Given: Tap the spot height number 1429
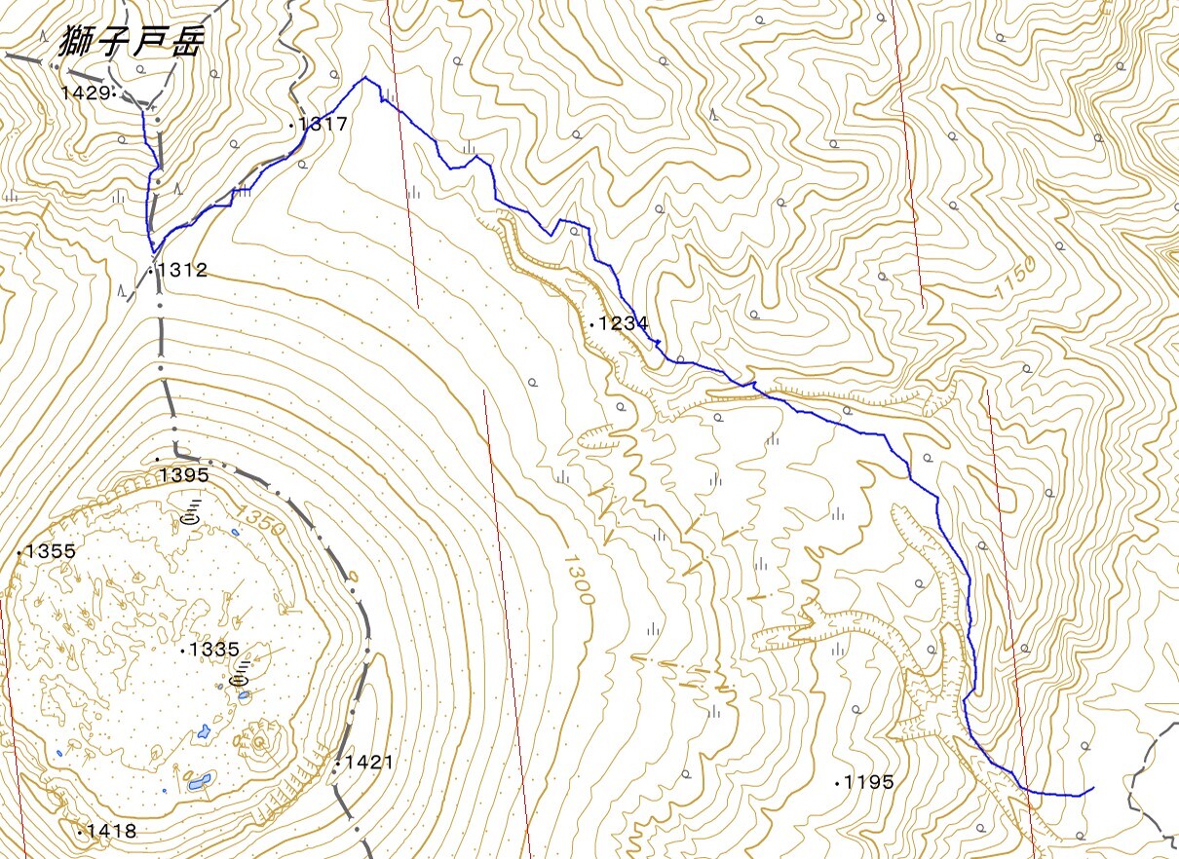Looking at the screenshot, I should (85, 93).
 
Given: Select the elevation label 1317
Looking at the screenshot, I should (323, 124).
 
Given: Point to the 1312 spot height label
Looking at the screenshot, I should (183, 270).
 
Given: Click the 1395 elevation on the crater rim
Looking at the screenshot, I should (185, 474).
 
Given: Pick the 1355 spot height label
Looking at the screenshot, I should (51, 551).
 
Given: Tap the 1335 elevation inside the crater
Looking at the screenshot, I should (213, 649).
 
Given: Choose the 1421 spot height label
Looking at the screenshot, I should (367, 762).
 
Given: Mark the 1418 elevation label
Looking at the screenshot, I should (111, 831).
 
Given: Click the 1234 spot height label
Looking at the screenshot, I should (624, 323).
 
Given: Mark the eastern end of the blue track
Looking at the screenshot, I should (1093, 788).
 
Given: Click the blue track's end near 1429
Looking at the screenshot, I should (143, 110).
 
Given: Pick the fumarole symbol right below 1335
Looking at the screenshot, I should (242, 671).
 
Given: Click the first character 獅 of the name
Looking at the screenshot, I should (77, 40).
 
